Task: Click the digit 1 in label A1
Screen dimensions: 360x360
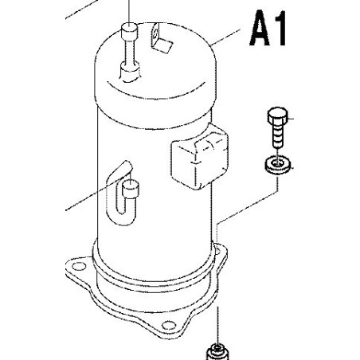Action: pyautogui.click(x=280, y=28)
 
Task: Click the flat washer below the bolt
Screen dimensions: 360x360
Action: pyautogui.click(x=278, y=166)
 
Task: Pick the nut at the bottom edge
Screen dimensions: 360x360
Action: pyautogui.click(x=217, y=354)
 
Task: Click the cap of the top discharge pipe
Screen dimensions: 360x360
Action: pyautogui.click(x=129, y=31)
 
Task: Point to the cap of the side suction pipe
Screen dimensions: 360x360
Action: pyautogui.click(x=131, y=188)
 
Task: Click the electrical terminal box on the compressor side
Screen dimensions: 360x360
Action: pyautogui.click(x=200, y=157)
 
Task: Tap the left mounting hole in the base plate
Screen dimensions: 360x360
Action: pyautogui.click(x=79, y=266)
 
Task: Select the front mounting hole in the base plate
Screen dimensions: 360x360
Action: pyautogui.click(x=169, y=325)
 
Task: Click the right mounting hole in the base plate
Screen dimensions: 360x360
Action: pyautogui.click(x=218, y=251)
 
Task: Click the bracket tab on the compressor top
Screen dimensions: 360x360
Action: pyautogui.click(x=161, y=37)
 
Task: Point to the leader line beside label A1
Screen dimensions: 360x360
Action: pyautogui.click(x=226, y=37)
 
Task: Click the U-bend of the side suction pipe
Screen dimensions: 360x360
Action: pyautogui.click(x=125, y=213)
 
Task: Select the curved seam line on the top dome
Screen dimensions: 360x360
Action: pyautogui.click(x=155, y=92)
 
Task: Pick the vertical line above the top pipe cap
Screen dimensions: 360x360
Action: pyautogui.click(x=129, y=11)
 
